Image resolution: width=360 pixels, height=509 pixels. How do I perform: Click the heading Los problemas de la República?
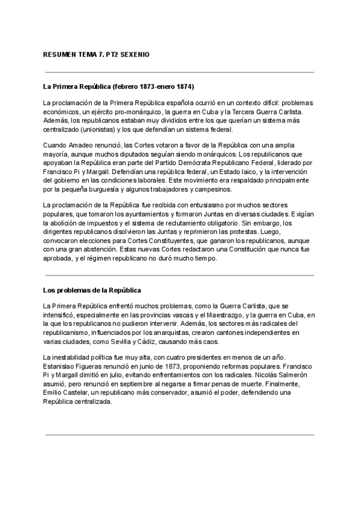(x=92, y=291)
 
